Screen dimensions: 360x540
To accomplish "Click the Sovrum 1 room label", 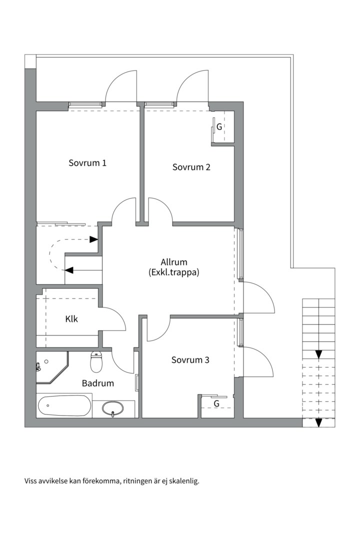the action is pos(87,163).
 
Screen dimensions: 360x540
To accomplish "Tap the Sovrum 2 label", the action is pos(191,167).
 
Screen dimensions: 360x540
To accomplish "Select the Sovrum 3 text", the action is pos(190,360).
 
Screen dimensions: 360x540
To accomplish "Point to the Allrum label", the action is pos(174,262).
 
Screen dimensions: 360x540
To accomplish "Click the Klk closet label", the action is pos(71,319).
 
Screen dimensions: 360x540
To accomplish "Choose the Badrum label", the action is pos(98,383).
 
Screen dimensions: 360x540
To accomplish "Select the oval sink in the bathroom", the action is pos(112,408).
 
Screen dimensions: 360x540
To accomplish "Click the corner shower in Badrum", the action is pos(52,367).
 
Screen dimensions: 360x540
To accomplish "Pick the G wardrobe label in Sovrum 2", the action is pos(219,126).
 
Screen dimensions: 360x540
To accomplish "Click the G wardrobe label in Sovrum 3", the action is pos(216,403).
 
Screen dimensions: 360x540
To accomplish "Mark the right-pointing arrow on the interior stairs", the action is pos(93,239).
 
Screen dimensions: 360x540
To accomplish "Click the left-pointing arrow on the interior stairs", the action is pos(69,270).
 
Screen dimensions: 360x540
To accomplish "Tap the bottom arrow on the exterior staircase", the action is pos(318,422).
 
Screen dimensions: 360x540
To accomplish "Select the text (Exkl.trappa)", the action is pos(174,273).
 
